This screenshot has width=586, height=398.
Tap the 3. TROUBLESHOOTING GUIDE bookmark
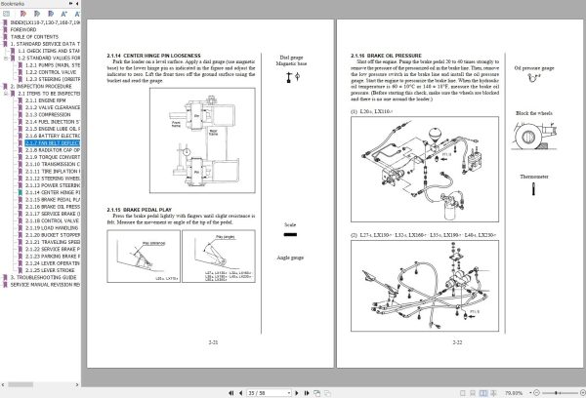tap(45, 276)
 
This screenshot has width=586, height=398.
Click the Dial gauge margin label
tap(290, 58)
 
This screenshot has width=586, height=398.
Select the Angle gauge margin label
tap(290, 258)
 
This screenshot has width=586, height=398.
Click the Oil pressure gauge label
tap(534, 68)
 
